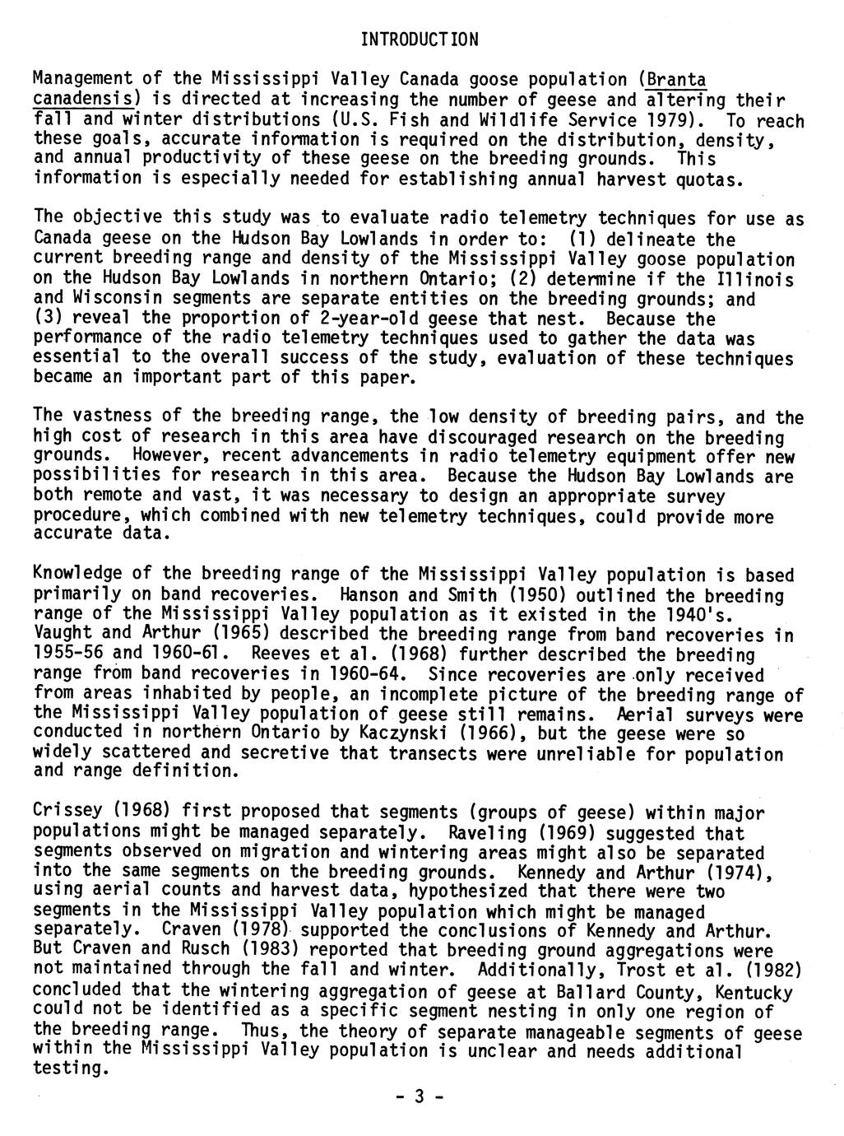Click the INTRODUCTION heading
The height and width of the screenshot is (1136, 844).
[420, 40]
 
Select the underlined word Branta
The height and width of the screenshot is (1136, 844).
[676, 81]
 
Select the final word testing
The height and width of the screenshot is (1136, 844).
[69, 1069]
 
